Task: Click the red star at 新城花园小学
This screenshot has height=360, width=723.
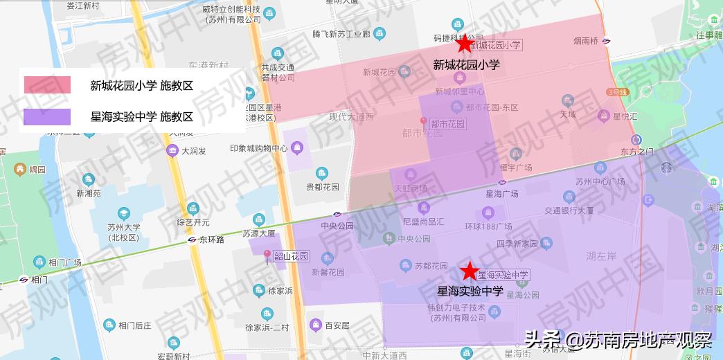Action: pos(464,44)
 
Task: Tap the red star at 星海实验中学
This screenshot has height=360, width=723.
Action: pos(470,271)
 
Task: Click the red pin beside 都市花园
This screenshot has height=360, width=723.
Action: pos(425,123)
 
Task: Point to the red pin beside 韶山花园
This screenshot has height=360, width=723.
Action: pos(267,255)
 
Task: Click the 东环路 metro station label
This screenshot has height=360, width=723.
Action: pos(211,240)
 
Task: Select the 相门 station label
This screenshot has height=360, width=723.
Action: pos(39,280)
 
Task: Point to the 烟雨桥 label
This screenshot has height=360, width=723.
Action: pos(586,42)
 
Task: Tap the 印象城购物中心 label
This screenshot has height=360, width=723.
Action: pos(259,148)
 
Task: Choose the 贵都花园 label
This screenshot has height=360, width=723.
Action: pos(323,187)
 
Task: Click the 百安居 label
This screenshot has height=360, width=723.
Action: pos(337,325)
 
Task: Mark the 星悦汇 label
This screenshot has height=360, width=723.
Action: pos(625,116)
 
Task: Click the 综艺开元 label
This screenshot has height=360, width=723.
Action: pos(193,222)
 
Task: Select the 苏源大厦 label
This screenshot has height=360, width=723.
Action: pos(259,233)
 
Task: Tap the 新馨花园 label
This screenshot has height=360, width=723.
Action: pos(328,272)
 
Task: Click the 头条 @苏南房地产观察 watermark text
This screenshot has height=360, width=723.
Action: pos(618,341)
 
